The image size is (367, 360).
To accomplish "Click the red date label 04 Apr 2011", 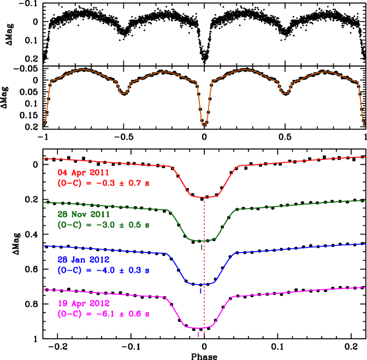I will point(84,172).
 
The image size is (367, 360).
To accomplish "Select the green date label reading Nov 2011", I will point(84,214).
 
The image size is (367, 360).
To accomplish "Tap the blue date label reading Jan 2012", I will point(84,259).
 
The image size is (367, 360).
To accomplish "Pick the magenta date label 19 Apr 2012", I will point(84,303).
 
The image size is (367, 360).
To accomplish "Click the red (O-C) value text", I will point(103,183).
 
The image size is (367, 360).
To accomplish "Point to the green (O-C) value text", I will point(103,225).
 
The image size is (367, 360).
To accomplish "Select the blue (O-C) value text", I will point(103,270).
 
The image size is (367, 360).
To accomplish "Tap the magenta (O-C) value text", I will point(103,314).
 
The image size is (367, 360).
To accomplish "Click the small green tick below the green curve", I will point(202,247).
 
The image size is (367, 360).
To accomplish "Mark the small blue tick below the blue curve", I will point(200,291).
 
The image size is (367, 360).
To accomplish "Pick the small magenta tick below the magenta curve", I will point(198,335).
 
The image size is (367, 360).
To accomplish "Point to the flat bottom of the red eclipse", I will point(204,197).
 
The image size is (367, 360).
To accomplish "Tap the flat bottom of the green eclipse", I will point(202,241).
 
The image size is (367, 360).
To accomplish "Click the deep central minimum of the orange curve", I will point(204,125).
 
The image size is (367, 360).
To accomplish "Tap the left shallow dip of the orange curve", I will point(124,93).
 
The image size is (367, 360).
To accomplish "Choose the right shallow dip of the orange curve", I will point(285,93).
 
